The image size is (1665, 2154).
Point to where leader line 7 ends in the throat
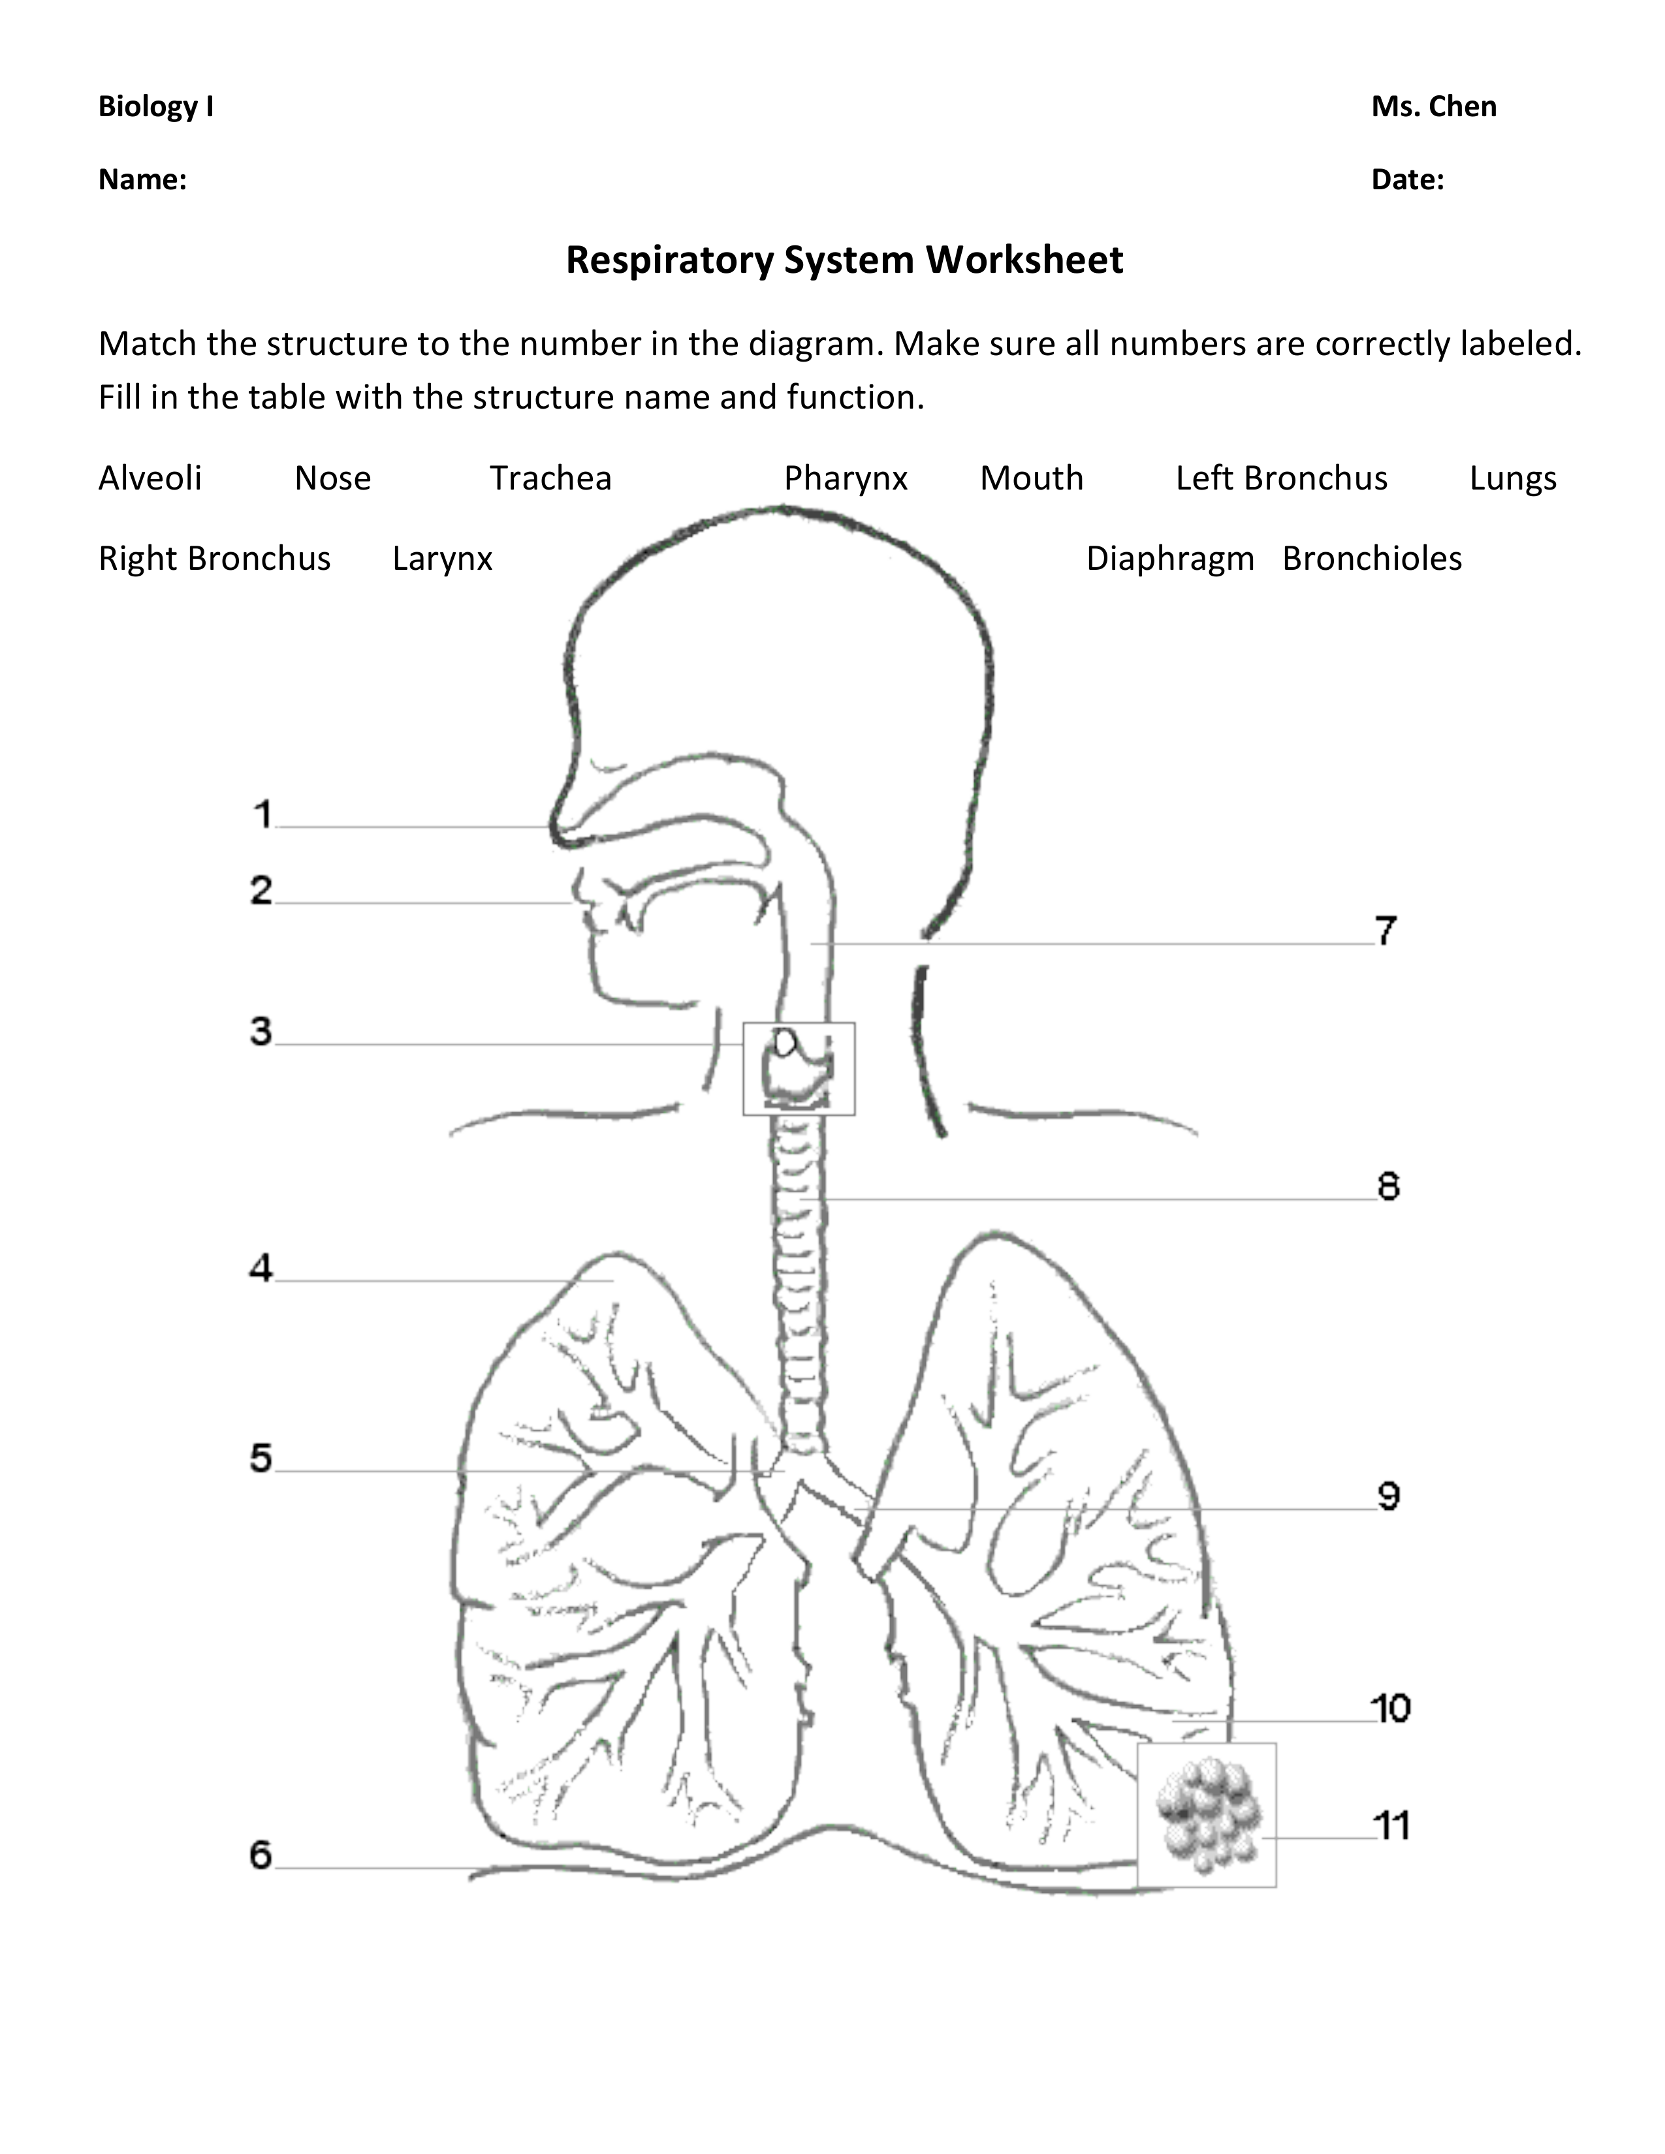coord(811,944)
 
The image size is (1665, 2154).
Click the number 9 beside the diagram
coord(1388,1496)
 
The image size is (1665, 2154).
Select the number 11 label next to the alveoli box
coord(1392,1826)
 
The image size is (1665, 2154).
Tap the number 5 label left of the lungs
coord(261,1458)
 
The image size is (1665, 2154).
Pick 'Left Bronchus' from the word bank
coord(1281,478)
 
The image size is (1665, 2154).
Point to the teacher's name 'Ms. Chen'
coord(1433,106)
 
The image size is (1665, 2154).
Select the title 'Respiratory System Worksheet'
coord(844,260)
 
